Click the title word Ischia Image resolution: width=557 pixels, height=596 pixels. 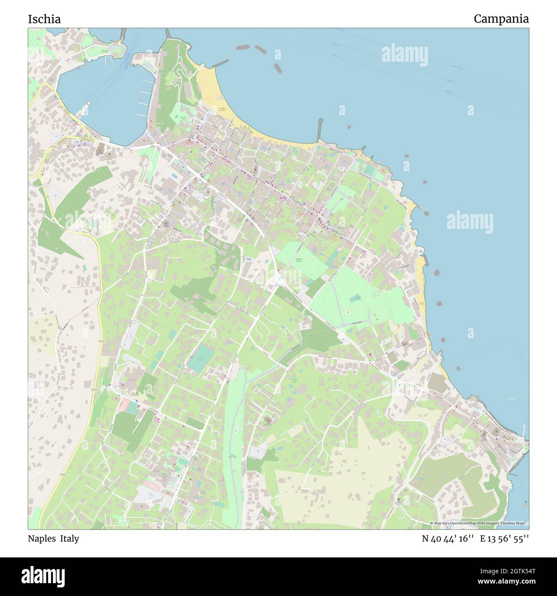pos(44,19)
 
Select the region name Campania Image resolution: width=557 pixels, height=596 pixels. pos(501,19)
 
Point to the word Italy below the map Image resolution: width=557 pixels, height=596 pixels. pos(69,539)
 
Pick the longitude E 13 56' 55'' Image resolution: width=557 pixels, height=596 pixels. pos(504,539)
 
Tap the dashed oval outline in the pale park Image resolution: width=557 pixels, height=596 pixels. pos(377,294)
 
